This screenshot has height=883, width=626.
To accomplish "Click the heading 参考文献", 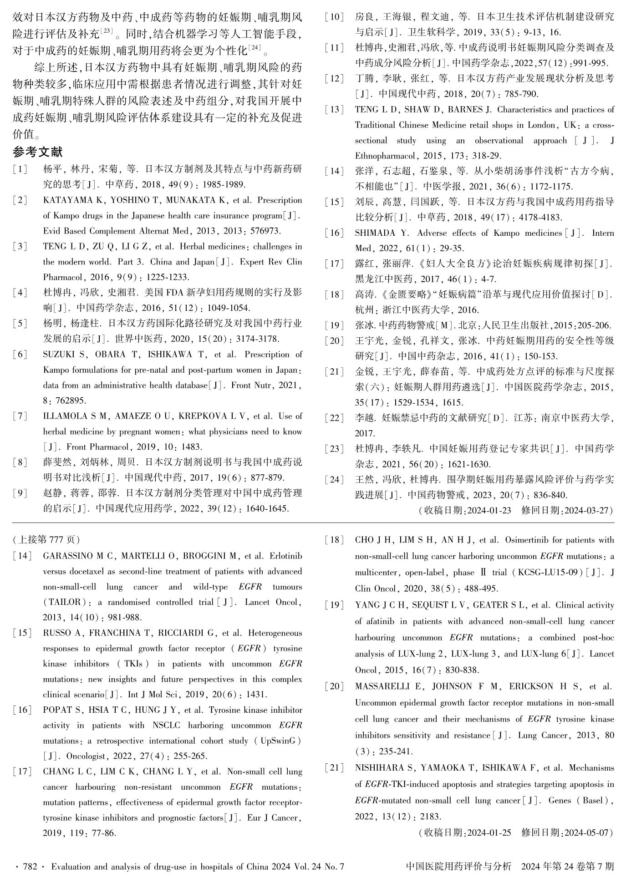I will pos(38,152).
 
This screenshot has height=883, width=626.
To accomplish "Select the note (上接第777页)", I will pos(46,540).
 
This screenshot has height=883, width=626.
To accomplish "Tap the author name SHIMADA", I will pos(375,233).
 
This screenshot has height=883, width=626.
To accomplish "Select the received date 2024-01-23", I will pos(489,510).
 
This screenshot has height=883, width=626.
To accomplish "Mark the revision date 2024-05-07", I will pos(586,833).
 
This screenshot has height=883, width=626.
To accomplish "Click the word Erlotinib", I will pos(285,556).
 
